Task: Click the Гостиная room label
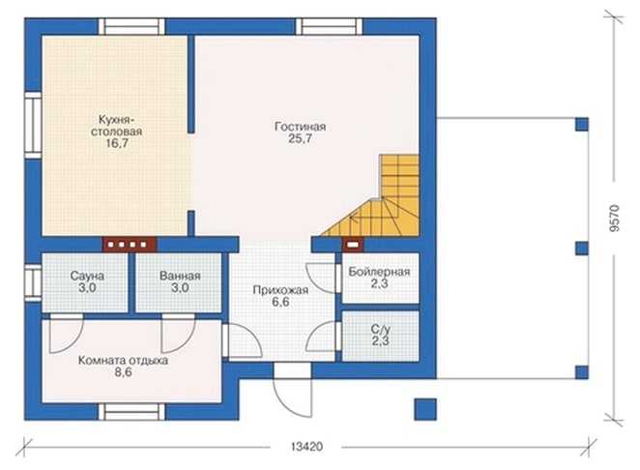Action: click(300, 127)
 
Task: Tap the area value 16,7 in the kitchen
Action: click(117, 143)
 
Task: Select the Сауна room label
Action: click(87, 276)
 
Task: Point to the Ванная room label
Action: click(180, 276)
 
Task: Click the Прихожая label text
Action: click(280, 290)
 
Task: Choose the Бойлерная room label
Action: click(379, 272)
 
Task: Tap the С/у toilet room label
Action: click(380, 329)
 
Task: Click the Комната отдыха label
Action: click(123, 361)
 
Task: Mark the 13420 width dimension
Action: click(306, 447)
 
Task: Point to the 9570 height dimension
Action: click(615, 218)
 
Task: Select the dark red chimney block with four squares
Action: click(130, 245)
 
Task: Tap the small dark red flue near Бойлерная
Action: click(354, 245)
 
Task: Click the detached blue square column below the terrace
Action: click(425, 409)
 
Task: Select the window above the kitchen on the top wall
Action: click(131, 26)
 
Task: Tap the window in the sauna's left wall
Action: click(33, 283)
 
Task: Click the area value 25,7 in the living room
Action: click(300, 138)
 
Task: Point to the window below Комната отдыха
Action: click(131, 412)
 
